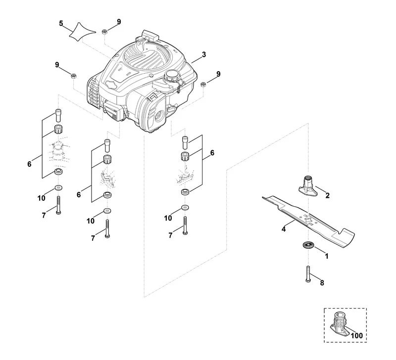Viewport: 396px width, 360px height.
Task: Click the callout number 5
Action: click(x=61, y=23)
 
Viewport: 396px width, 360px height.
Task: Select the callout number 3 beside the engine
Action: click(x=204, y=54)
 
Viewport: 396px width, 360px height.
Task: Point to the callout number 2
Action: click(x=327, y=195)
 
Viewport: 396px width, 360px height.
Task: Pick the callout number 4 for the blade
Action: click(x=283, y=229)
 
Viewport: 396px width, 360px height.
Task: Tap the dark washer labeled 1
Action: click(x=307, y=244)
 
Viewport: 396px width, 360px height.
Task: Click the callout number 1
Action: click(x=327, y=256)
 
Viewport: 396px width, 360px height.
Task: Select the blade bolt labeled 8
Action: click(x=307, y=274)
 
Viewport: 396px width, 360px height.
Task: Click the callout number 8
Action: click(x=322, y=283)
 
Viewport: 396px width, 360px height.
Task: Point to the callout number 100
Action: click(x=356, y=336)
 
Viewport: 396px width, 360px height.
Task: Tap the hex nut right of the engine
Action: click(x=203, y=85)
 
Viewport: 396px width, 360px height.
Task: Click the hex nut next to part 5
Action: click(x=105, y=32)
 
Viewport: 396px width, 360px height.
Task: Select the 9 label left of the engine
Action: click(x=57, y=65)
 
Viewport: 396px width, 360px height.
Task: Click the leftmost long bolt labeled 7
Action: click(x=58, y=205)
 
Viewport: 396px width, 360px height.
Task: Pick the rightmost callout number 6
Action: click(x=212, y=153)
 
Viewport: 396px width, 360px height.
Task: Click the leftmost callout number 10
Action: click(x=42, y=198)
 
